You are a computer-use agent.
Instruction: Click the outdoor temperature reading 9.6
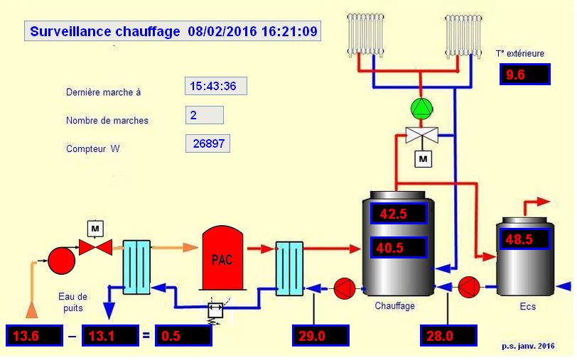coord(525,73)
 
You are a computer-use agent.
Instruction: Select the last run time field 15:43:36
coord(215,87)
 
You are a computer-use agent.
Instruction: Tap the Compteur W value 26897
coord(207,143)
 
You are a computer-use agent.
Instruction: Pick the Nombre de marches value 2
coord(204,114)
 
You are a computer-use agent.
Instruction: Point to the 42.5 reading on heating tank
coord(398,213)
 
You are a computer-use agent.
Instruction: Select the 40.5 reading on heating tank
coord(398,247)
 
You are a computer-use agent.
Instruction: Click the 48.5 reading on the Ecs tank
coord(524,239)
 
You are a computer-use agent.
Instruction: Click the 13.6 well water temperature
coord(33,335)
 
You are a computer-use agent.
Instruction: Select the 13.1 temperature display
coord(107,335)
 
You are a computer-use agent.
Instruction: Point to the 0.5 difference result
coord(183,335)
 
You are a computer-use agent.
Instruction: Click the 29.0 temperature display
coord(320,335)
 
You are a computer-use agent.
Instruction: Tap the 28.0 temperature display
coord(448,335)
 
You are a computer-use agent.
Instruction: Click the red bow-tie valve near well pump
coord(95,247)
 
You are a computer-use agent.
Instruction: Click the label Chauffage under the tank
coord(395,306)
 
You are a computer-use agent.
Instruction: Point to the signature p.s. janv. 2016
coord(528,346)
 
